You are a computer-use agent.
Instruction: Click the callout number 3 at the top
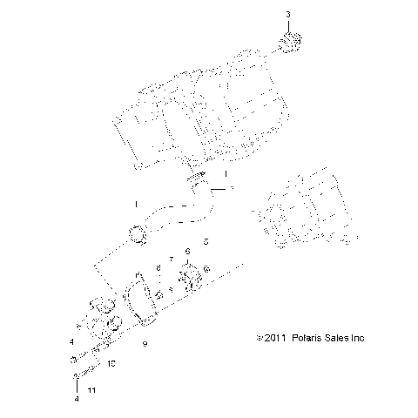(289, 15)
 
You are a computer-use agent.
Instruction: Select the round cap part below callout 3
(292, 42)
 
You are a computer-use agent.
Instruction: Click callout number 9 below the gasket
(145, 344)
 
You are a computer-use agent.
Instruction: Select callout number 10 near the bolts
(111, 364)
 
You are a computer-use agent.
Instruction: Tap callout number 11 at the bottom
(92, 391)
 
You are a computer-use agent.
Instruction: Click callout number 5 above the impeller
(205, 240)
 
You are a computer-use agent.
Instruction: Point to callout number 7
(172, 260)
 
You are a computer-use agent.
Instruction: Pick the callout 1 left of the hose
(135, 204)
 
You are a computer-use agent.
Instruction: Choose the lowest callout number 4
(76, 399)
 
